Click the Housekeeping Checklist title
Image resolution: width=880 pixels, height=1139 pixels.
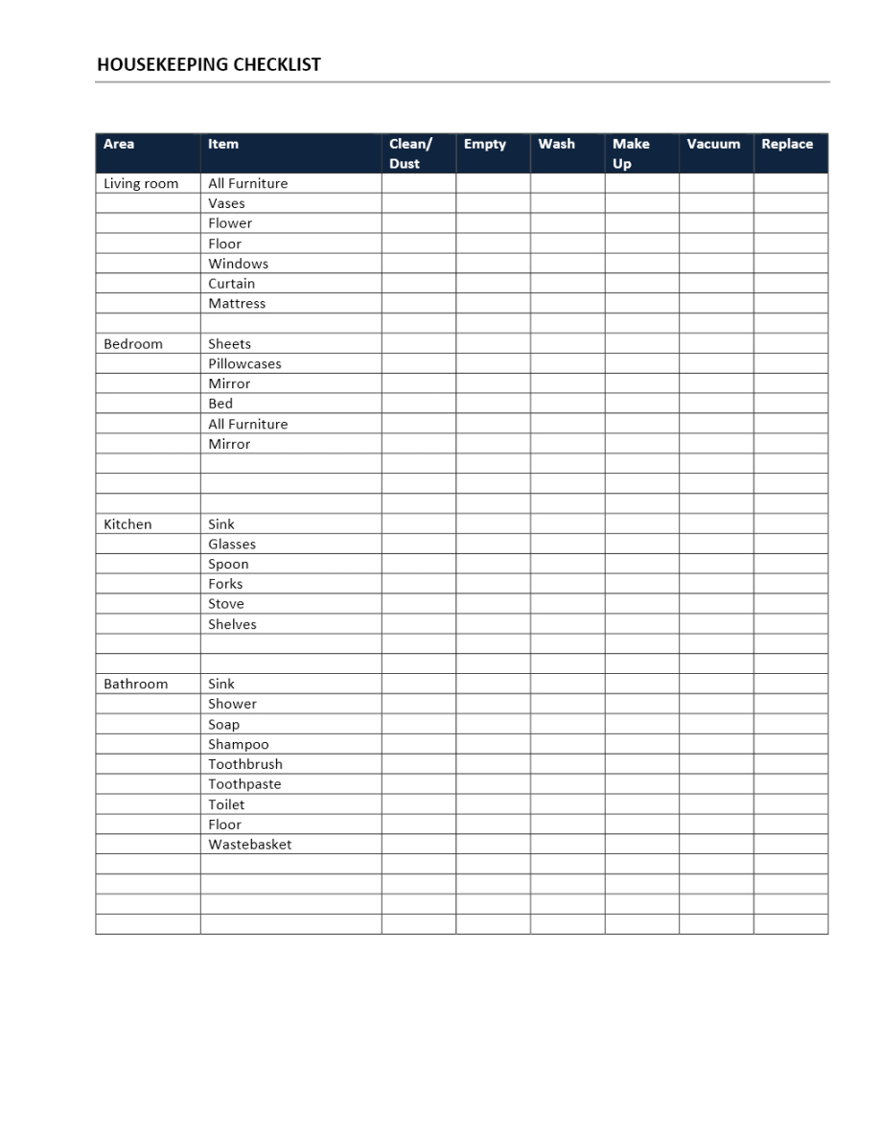[x=209, y=65]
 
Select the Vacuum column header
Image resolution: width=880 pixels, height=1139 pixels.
[x=713, y=144]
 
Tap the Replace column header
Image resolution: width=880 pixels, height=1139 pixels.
[x=786, y=144]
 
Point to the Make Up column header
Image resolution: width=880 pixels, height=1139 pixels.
[x=631, y=153]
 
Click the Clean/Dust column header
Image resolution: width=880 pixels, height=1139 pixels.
[x=410, y=153]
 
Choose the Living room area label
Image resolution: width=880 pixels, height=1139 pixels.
[x=141, y=183]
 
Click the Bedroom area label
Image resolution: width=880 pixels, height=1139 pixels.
[x=133, y=343]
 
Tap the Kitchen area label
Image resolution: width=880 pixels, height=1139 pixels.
[x=127, y=523]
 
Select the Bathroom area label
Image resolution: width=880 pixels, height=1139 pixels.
[x=135, y=684]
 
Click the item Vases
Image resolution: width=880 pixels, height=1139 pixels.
[x=226, y=203]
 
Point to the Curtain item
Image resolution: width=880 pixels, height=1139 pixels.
[x=232, y=283]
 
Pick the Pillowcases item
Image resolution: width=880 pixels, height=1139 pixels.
[x=244, y=363]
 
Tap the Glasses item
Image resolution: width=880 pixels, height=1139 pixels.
[x=232, y=544]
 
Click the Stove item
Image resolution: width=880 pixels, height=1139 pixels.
[x=226, y=603]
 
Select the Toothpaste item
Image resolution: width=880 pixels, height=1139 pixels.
[x=244, y=783]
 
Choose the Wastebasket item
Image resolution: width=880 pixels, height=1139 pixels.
[x=250, y=844]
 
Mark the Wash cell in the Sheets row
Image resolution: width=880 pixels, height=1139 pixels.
[x=567, y=343]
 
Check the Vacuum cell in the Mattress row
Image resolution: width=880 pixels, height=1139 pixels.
[x=716, y=303]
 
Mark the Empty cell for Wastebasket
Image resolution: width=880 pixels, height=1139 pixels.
[x=493, y=844]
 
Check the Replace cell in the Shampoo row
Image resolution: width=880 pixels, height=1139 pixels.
[x=791, y=744]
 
